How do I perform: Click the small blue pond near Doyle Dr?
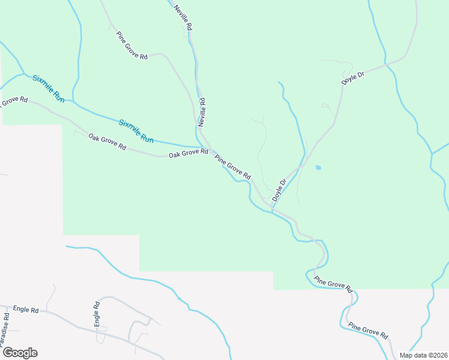tap(318, 167)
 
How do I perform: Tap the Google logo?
tap(20, 353)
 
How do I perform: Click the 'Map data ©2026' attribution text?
tap(423, 355)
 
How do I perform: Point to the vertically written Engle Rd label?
tap(96, 314)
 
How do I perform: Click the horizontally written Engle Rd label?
tap(25, 310)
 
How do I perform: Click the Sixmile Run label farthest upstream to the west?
tap(49, 88)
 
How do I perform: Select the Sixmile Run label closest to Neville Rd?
tap(136, 131)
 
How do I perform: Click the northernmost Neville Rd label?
tap(184, 17)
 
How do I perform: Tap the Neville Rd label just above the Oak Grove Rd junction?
tap(203, 112)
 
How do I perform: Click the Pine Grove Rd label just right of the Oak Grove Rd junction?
tap(233, 169)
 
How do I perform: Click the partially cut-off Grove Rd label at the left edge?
tap(13, 101)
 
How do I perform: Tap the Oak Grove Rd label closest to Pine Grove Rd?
tap(188, 154)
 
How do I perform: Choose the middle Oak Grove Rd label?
tap(107, 142)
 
